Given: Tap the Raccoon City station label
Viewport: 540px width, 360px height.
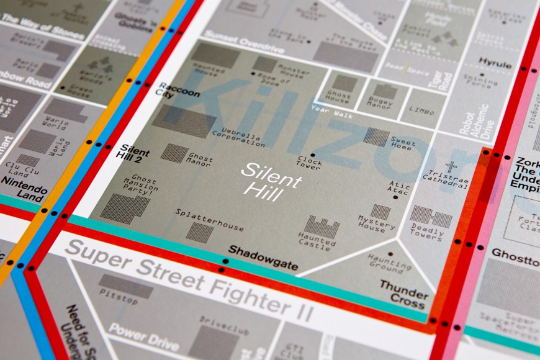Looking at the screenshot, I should point(179,90).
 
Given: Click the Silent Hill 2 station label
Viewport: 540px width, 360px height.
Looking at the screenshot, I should point(135,152).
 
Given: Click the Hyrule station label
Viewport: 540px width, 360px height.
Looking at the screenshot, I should point(495,65).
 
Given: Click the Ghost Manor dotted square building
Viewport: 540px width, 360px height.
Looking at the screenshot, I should point(174,153).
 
